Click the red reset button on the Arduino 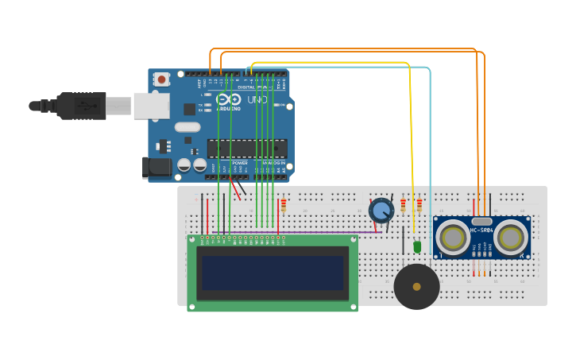[162, 79]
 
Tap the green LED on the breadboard [417, 247]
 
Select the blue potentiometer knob [381, 211]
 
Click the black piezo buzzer [416, 286]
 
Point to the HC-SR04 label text [481, 230]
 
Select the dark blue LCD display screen [272, 273]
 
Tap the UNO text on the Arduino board [257, 100]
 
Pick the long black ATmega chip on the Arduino [247, 149]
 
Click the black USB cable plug [80, 105]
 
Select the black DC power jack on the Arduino [157, 167]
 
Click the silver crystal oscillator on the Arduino [187, 127]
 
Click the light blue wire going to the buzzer [430, 159]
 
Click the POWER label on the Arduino [239, 163]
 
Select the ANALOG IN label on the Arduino [273, 163]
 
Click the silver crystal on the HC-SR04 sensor [481, 221]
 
